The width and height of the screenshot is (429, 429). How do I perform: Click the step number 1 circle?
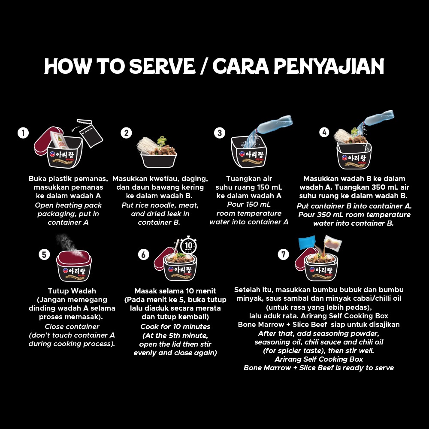23,133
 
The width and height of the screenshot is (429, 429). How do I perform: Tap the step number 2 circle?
126,133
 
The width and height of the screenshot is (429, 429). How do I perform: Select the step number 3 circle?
220,133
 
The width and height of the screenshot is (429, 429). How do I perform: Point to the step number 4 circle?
324,133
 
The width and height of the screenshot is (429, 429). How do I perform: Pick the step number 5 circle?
44,254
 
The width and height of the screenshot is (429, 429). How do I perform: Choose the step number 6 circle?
144,254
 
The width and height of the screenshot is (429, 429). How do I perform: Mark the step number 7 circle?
283,254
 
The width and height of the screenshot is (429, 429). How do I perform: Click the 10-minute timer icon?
189,245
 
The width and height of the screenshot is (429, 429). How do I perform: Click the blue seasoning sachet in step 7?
307,243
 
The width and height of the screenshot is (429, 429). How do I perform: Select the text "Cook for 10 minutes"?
175,326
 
